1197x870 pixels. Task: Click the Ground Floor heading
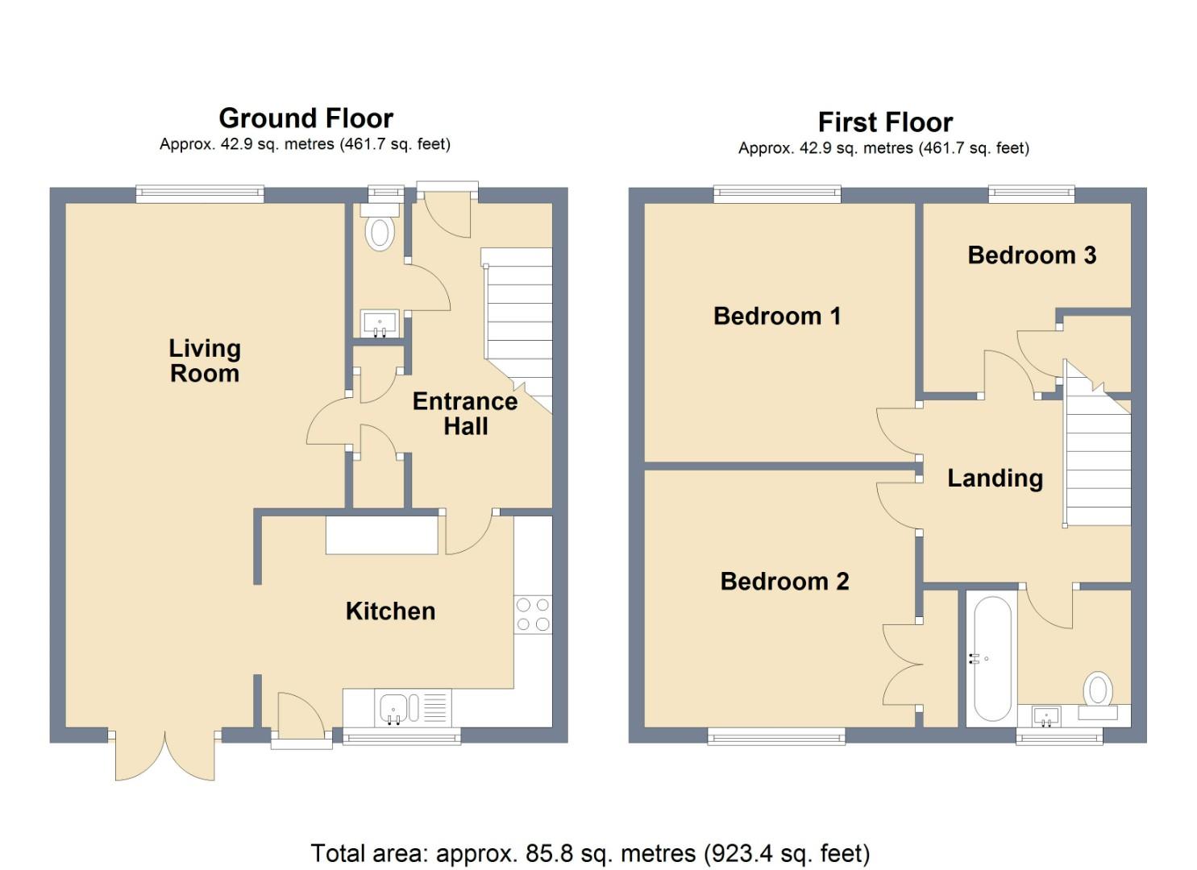305,118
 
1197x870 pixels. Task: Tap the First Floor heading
885,122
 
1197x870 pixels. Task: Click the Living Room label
205,361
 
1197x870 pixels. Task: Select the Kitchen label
390,611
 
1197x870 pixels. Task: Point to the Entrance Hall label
465,413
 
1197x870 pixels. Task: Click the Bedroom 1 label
777,316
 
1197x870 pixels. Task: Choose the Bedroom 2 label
784,581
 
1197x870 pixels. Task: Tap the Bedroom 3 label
1032,255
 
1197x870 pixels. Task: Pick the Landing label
995,478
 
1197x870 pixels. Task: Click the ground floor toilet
380,226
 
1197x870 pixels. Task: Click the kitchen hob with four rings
533,614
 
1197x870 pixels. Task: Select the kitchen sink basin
394,708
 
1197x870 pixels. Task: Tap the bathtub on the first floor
992,659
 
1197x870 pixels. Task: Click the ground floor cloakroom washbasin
380,324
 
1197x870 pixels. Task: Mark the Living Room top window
200,193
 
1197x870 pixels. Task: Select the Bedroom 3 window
1031,193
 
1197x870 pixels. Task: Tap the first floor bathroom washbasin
1046,716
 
